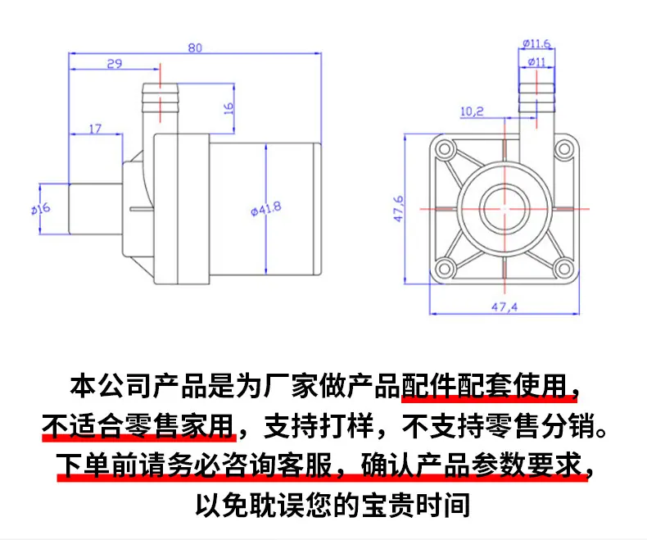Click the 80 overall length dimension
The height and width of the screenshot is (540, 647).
[x=195, y=48]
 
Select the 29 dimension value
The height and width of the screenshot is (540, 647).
[x=115, y=64]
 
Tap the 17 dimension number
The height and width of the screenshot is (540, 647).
[x=95, y=129]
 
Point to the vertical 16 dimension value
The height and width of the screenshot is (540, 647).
[x=228, y=109]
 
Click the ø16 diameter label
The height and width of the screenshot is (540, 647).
[x=41, y=208]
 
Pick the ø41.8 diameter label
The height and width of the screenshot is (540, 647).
[x=266, y=208]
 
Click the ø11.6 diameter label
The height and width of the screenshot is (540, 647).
[x=536, y=43]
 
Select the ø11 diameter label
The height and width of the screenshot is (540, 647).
[x=536, y=62]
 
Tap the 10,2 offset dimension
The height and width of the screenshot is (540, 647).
[x=472, y=111]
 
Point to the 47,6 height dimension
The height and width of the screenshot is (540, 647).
[x=399, y=208]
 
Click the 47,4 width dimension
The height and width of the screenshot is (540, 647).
[x=504, y=306]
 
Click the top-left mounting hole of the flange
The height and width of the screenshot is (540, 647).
[x=445, y=148]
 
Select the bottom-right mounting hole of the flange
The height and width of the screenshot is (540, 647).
[x=563, y=269]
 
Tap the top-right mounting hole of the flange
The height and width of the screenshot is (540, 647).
[x=563, y=148]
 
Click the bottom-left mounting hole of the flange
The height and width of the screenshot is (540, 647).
[x=445, y=269]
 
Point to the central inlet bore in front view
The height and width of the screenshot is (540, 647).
[x=504, y=209]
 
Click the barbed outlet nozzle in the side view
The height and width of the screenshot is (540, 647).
[x=160, y=108]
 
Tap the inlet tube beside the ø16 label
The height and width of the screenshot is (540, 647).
[x=96, y=208]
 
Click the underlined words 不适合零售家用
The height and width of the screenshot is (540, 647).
[x=138, y=425]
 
